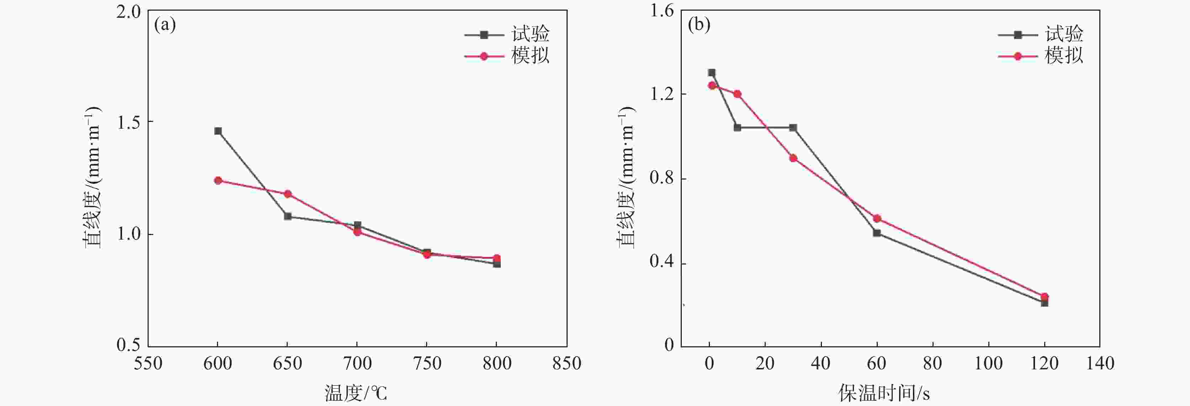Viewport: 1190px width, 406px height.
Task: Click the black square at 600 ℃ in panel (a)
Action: (218, 131)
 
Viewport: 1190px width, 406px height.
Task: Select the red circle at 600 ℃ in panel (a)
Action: (218, 181)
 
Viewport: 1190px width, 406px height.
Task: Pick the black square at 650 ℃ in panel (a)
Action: (288, 216)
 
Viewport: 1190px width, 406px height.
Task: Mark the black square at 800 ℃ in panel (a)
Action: (496, 264)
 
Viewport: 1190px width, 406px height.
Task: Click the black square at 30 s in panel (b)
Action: (793, 128)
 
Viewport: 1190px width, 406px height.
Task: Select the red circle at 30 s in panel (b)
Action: (793, 158)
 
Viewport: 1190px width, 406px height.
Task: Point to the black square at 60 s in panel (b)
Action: (877, 233)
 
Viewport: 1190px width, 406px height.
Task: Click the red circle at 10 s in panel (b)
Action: (737, 94)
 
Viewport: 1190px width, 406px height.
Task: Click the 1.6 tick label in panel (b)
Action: (662, 11)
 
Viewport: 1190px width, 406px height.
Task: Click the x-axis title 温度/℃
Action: (356, 394)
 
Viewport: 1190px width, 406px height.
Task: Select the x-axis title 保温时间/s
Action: (884, 394)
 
